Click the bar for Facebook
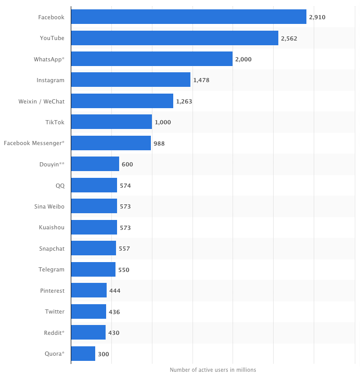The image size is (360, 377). pyautogui.click(x=188, y=17)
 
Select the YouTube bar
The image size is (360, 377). pyautogui.click(x=174, y=38)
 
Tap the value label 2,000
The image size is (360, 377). pyautogui.click(x=243, y=59)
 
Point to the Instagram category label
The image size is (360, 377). pyautogui.click(x=50, y=80)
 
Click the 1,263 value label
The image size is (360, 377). pyautogui.click(x=184, y=101)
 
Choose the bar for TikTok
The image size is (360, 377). pyautogui.click(x=111, y=122)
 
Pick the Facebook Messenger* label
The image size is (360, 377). pyautogui.click(x=34, y=143)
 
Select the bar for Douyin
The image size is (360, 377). pyautogui.click(x=95, y=164)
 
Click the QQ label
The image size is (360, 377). pyautogui.click(x=60, y=185)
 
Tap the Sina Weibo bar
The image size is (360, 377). pyautogui.click(x=94, y=206)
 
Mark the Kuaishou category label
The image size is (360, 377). pyautogui.click(x=52, y=227)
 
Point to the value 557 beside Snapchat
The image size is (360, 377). pyautogui.click(x=124, y=249)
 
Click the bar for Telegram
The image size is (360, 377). pyautogui.click(x=93, y=269)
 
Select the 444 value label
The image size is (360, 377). pyautogui.click(x=115, y=291)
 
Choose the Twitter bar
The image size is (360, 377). pyautogui.click(x=88, y=311)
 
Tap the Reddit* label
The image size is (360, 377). pyautogui.click(x=55, y=332)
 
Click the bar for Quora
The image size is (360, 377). pyautogui.click(x=83, y=354)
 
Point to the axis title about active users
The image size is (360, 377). pyautogui.click(x=213, y=370)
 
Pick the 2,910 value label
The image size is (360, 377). pyautogui.click(x=317, y=17)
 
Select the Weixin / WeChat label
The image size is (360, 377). pyautogui.click(x=41, y=101)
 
